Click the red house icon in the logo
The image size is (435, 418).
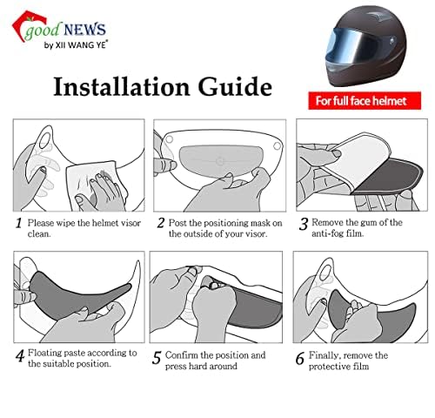point(17,25)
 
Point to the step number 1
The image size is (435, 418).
point(18,223)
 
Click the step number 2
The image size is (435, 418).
point(160,223)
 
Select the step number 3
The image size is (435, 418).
point(303,223)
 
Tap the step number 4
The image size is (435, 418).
point(18,354)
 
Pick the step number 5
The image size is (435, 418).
point(157,356)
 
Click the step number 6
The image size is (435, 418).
point(301,356)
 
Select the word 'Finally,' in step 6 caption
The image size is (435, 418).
point(332,355)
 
